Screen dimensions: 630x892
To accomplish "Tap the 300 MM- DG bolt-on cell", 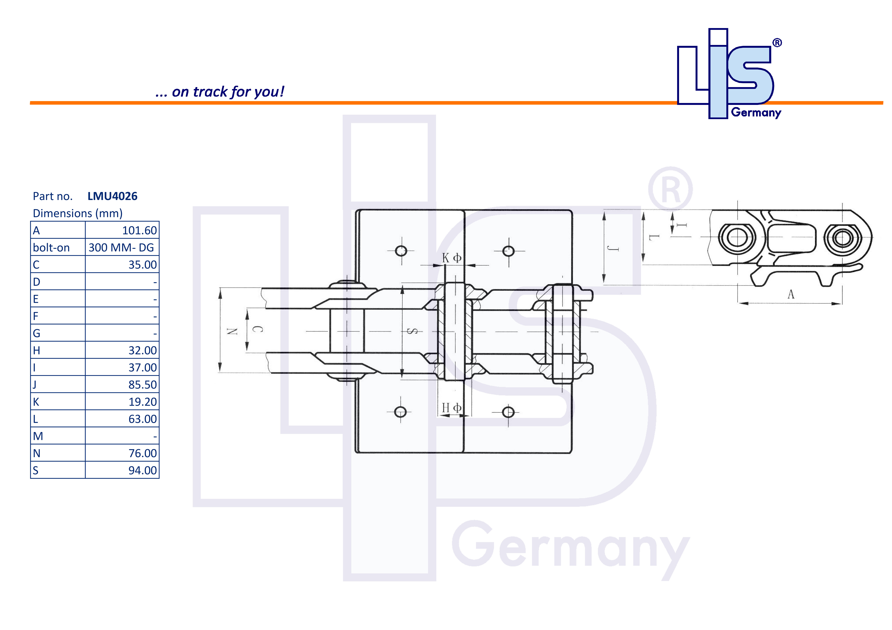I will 121,248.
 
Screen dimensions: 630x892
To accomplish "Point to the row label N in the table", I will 37,453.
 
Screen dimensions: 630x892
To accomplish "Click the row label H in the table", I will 36,350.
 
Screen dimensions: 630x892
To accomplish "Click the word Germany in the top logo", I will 756,113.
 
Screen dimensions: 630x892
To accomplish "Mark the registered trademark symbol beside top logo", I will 777,43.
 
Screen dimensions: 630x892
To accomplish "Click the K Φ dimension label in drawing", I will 451,258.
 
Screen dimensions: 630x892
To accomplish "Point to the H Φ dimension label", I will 451,408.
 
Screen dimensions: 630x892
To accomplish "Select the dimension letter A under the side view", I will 791,295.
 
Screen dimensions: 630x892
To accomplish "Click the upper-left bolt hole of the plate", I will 401,251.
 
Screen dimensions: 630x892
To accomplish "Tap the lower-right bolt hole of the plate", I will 508,412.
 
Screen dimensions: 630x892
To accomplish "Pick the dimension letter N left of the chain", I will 232,331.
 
